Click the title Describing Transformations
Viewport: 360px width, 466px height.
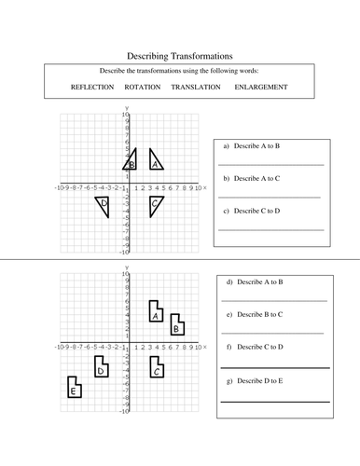[x=178, y=56]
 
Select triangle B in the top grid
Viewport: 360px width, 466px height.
[x=132, y=163]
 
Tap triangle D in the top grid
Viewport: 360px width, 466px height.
[x=104, y=203]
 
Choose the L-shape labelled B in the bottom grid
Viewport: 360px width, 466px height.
[x=176, y=326]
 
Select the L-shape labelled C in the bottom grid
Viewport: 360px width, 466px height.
[x=157, y=369]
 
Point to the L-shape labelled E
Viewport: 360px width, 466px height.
[x=73, y=389]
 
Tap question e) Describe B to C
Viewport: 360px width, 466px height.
[x=255, y=314]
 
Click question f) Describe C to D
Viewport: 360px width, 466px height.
[x=255, y=348]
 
